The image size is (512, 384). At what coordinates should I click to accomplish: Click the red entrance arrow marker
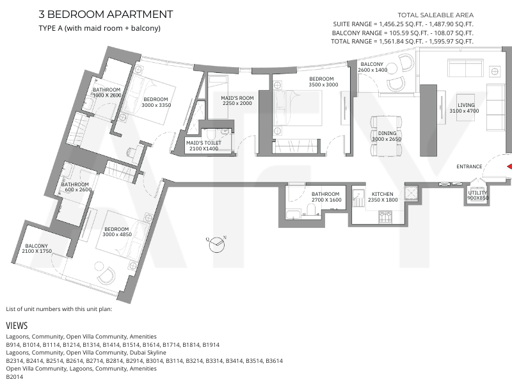509,166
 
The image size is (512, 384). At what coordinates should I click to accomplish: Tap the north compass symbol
216,244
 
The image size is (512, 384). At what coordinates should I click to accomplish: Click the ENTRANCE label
469,166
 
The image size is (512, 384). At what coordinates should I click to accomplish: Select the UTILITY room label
477,193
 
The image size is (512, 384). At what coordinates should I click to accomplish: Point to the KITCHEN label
382,194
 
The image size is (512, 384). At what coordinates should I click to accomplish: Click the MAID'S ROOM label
237,98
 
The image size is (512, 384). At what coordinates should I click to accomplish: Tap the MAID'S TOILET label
204,143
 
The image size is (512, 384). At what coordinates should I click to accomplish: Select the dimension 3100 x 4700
464,111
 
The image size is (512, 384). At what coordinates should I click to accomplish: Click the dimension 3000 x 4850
117,234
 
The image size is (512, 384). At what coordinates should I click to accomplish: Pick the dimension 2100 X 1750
37,251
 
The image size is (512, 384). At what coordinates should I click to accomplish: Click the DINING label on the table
387,133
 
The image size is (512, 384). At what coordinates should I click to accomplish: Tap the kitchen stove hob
385,217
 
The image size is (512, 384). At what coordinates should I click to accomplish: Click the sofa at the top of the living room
466,68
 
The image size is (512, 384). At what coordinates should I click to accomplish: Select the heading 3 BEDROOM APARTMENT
106,14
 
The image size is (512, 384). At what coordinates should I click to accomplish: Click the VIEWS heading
17,326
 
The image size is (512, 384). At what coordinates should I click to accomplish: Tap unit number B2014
14,377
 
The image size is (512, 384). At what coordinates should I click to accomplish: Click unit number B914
13,345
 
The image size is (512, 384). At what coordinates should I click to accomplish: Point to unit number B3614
275,361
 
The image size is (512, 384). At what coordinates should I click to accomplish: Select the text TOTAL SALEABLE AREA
436,15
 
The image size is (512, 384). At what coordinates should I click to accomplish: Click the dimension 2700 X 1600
326,200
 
